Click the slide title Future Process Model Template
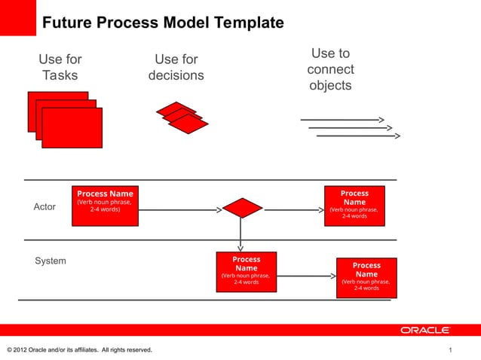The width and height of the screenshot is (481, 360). (162, 23)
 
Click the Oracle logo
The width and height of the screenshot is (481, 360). (425, 330)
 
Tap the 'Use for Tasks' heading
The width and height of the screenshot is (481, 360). (60, 67)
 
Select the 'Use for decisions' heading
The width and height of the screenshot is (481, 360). (176, 67)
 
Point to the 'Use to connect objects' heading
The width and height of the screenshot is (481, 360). (330, 69)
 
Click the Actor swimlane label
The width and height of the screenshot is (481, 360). (44, 206)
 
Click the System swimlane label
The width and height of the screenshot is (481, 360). (51, 261)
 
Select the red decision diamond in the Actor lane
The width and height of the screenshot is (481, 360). (242, 208)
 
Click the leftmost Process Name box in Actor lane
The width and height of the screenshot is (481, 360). (105, 206)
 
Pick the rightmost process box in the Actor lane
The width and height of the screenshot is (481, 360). (354, 206)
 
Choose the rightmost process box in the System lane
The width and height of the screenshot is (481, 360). (366, 277)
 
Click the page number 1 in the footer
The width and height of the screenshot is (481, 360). (450, 350)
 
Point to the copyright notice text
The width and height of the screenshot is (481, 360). (78, 350)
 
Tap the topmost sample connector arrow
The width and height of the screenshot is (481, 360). (343, 120)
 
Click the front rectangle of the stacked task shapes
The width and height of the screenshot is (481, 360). (72, 128)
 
